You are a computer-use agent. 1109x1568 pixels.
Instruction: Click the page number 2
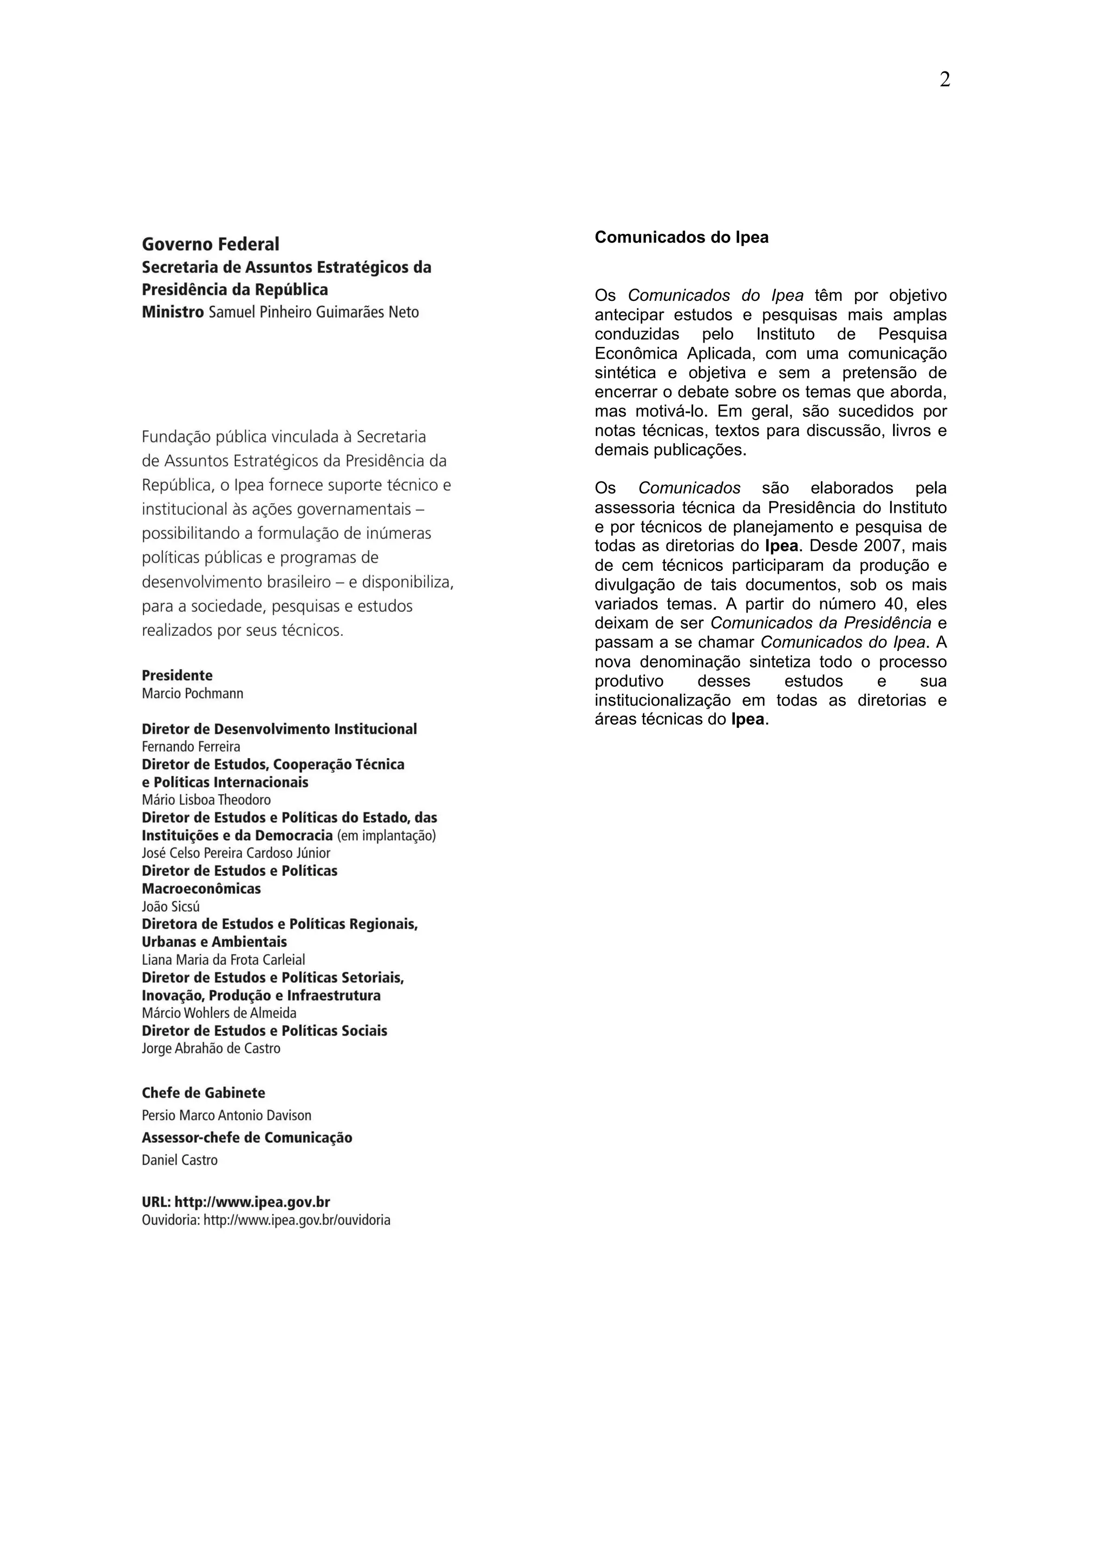coord(944,80)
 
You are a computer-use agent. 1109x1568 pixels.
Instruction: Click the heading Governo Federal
coord(211,245)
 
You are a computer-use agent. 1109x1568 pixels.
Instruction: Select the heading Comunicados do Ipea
coord(681,238)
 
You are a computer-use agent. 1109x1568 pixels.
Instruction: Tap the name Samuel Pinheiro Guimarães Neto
coord(314,313)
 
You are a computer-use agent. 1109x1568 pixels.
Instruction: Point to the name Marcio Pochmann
coord(192,694)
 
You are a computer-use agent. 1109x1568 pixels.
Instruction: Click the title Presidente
coord(177,675)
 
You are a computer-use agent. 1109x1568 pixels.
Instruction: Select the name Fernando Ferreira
coord(191,747)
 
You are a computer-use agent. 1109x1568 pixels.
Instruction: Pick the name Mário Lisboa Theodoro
coord(206,800)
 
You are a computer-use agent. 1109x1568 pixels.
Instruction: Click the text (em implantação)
coord(386,836)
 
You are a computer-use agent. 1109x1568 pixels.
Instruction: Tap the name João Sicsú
coord(171,907)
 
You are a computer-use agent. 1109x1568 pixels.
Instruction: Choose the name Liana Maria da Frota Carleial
coord(224,960)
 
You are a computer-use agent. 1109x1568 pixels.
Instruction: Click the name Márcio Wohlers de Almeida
coord(219,1013)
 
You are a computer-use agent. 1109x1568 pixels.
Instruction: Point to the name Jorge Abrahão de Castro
coord(211,1049)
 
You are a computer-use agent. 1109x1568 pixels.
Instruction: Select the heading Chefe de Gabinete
coord(203,1093)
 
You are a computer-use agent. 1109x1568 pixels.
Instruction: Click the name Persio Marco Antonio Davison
coord(226,1116)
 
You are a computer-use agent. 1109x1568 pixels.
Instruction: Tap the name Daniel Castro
coord(180,1160)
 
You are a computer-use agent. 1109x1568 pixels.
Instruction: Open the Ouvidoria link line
coord(266,1221)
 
